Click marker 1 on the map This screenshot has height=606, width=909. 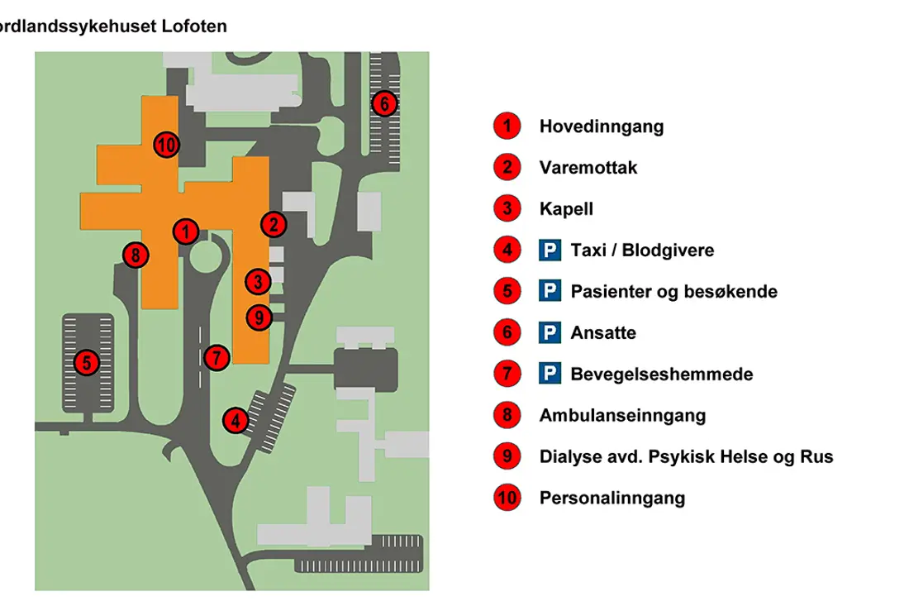186,231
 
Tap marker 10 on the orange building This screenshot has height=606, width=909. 167,146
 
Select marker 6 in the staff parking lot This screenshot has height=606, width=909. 384,104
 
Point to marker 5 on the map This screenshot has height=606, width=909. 86,362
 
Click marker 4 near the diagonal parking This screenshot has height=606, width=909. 236,421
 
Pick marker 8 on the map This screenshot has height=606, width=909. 135,255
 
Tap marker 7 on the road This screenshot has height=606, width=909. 216,358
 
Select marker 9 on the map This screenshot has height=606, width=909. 259,316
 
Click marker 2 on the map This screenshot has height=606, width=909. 274,223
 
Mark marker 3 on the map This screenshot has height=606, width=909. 259,282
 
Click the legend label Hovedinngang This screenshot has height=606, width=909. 601,126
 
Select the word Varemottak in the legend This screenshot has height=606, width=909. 588,168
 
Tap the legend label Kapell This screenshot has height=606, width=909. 566,209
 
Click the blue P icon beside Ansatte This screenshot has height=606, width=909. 550,333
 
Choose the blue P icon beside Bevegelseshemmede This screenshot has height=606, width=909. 550,375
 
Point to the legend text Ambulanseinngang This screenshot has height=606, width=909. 622,416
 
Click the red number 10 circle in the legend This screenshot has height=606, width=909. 507,498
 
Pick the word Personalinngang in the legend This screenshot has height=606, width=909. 612,498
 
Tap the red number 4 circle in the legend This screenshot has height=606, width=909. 507,250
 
